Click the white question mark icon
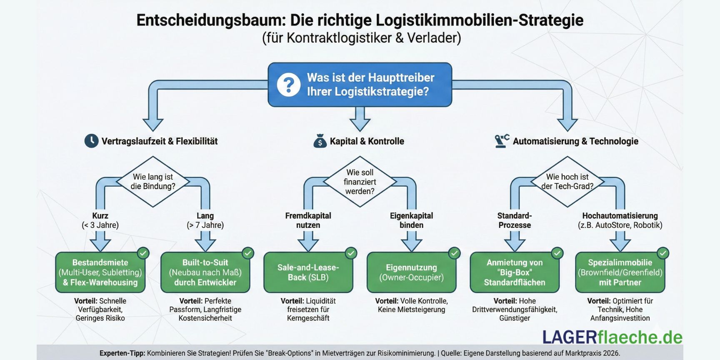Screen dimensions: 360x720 (288, 85)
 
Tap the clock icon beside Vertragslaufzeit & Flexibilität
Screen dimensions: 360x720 (91, 141)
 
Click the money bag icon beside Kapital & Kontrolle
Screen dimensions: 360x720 (320, 141)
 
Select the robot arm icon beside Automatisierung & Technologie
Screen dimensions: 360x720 (502, 141)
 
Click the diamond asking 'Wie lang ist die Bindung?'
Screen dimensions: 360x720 (153, 182)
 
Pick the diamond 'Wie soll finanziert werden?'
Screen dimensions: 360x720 (360, 182)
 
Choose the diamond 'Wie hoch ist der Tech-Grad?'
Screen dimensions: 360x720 (567, 182)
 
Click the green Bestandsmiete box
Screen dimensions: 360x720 (100, 272)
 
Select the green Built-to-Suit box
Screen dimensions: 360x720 (205, 272)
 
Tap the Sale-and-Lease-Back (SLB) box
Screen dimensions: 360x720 (308, 272)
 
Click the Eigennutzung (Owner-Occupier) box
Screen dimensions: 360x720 (411, 272)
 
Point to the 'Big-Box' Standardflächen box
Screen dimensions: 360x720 (515, 272)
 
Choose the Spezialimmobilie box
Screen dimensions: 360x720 (620, 272)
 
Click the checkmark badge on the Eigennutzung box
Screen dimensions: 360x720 (454, 253)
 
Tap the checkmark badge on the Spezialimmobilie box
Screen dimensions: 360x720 (662, 253)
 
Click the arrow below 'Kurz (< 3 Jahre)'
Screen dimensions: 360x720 (100, 241)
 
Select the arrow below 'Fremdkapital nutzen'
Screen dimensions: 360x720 (308, 241)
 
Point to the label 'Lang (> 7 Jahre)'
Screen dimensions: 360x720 (205, 220)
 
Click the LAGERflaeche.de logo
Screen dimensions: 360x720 (612, 337)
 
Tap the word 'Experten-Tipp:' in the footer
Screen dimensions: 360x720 (122, 353)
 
